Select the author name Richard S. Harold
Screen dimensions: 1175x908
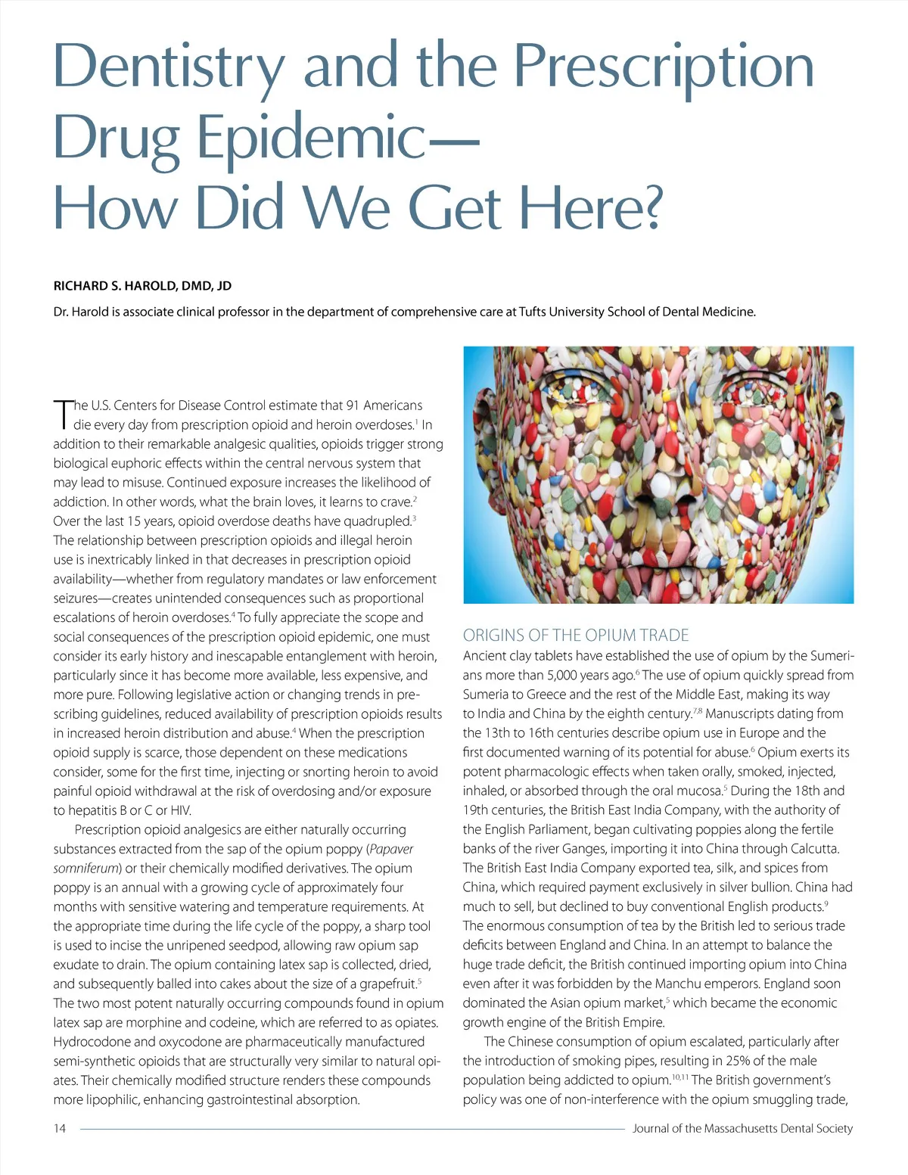[142, 286]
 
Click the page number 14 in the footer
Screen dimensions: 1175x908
[60, 1128]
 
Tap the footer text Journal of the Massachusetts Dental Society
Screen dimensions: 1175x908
[742, 1128]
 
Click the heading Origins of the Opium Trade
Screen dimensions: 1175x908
[576, 636]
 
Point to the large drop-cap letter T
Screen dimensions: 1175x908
[62, 415]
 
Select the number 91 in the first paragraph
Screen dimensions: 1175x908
[353, 406]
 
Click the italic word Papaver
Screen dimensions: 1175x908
[391, 849]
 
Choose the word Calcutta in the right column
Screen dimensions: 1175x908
[814, 849]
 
